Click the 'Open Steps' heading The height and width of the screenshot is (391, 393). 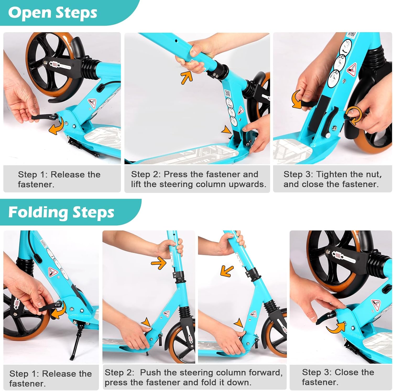(53, 13)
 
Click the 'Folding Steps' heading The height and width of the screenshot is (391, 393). (61, 212)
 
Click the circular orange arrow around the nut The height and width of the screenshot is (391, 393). (353, 117)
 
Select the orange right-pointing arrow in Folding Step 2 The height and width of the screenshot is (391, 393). (159, 263)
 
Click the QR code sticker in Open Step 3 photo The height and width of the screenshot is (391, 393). (352, 35)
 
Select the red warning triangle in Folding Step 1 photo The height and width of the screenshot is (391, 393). (52, 272)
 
